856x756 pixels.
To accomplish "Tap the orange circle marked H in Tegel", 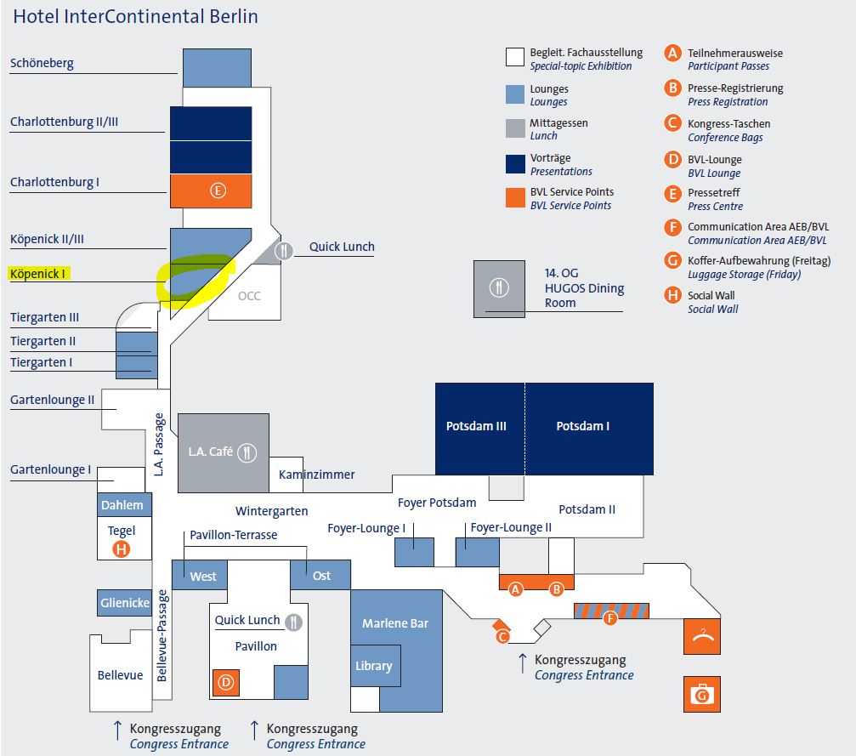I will (x=122, y=549).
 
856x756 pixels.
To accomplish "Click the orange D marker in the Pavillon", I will (x=225, y=682).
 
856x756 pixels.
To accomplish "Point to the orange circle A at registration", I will (x=514, y=588).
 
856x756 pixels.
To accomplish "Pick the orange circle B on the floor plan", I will (x=557, y=588).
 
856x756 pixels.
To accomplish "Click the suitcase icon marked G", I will (x=701, y=694).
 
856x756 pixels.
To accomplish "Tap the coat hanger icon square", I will (x=701, y=636).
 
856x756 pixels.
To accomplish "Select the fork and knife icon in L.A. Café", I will (x=247, y=452).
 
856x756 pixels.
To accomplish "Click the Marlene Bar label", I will (x=395, y=623).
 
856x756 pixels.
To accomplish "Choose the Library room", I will (x=373, y=666).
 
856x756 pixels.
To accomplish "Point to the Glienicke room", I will (x=124, y=603).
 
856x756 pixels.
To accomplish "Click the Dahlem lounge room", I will (x=122, y=504).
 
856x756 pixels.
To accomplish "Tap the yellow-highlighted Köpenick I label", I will (x=38, y=274).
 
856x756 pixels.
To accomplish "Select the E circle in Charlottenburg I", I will (x=218, y=190).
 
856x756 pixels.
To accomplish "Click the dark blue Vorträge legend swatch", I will (x=514, y=163).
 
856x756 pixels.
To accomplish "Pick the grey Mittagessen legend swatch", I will (x=514, y=128).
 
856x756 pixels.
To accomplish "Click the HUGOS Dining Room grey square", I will (x=500, y=289).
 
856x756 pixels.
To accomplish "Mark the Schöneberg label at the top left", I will (x=43, y=63).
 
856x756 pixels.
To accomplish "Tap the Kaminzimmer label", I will (x=317, y=475).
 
